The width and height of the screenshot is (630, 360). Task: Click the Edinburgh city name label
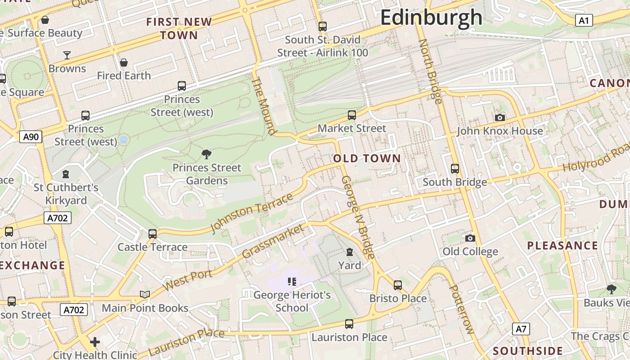431,18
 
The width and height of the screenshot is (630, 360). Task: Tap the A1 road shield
584,20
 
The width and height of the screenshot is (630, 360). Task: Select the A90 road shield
31,136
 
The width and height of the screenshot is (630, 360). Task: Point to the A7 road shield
521,329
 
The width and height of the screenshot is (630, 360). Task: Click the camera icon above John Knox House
499,118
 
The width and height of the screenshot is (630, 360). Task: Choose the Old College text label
470,252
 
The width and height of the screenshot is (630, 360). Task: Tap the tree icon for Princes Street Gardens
207,154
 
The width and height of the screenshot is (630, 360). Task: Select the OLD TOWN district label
367,158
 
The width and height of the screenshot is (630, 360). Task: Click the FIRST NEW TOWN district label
179,28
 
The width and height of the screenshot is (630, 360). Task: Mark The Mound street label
263,106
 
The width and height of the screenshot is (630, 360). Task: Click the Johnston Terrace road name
252,213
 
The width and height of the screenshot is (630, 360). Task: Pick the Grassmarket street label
273,242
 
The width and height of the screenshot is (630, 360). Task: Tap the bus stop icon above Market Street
352,115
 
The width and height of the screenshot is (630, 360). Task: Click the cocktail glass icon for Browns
67,55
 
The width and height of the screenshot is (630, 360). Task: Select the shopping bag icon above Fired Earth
124,63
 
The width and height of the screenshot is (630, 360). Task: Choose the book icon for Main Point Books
144,294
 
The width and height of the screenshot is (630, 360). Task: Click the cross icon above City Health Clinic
95,342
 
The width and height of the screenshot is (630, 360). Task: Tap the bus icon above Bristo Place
398,285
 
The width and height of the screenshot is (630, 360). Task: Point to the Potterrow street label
462,310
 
